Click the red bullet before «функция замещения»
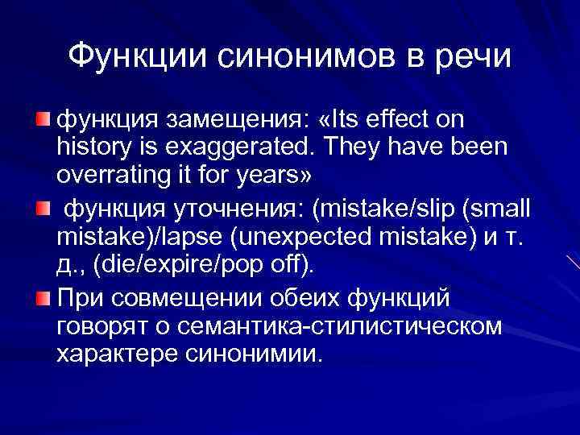pyautogui.click(x=45, y=120)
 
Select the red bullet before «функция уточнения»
pyautogui.click(x=45, y=210)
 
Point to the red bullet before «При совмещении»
pyautogui.click(x=45, y=300)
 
